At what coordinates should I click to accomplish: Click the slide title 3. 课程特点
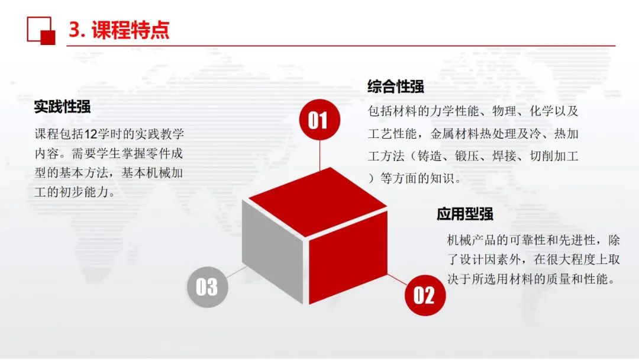coord(119,30)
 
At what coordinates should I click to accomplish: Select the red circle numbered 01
coord(319,120)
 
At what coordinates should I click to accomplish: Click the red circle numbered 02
coord(425,295)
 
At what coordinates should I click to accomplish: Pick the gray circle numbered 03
coord(208,287)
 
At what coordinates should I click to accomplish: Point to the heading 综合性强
coord(396,86)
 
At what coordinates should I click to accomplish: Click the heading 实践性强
coord(62,107)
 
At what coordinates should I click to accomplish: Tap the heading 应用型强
coord(465,214)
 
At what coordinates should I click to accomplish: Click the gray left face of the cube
coord(272,250)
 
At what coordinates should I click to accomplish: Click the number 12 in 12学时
coord(91,134)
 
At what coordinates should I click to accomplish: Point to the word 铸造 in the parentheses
coord(430,156)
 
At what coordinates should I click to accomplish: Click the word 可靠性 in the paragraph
coord(528,240)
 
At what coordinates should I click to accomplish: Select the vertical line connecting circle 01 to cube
coord(320,155)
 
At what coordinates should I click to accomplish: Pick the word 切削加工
coord(554,156)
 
